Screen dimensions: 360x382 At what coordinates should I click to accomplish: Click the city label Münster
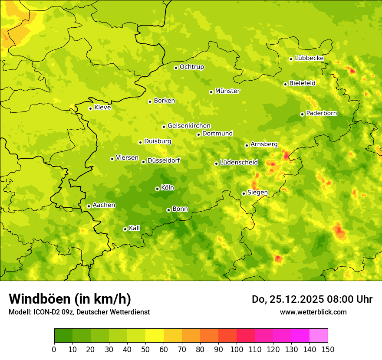227,91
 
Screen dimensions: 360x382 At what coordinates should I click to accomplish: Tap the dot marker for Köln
157,189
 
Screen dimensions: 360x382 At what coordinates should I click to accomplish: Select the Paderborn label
321,113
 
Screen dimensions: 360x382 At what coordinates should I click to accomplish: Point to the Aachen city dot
89,206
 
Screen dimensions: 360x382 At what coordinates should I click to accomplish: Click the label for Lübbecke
309,58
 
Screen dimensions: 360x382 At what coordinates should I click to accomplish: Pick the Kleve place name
102,108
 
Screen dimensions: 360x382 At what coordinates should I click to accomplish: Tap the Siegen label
257,193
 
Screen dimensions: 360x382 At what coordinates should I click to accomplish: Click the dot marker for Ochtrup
176,68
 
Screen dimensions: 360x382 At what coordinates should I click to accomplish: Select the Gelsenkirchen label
189,126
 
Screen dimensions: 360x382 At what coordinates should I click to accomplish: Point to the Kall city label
134,228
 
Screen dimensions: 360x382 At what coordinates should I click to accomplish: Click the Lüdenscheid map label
239,163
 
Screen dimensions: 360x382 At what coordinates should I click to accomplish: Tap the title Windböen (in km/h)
69,299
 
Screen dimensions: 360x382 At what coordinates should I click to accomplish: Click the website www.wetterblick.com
313,312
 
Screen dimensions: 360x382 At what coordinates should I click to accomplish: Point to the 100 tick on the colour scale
237,349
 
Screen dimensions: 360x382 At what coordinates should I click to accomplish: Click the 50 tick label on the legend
145,349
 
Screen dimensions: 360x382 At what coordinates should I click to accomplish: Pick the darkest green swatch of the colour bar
63,335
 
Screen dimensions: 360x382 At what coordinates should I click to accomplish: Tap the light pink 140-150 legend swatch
319,335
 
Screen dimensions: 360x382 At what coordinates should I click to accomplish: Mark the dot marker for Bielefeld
285,84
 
